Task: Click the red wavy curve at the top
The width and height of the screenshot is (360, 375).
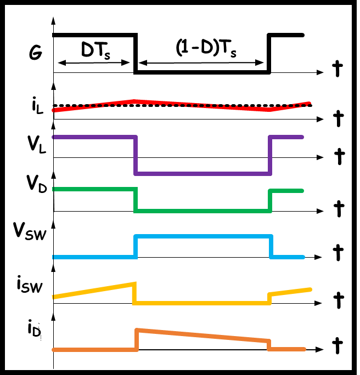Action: pos(181,104)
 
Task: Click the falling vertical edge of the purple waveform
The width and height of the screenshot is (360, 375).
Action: pos(135,155)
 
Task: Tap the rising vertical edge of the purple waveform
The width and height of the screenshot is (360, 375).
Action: pos(270,155)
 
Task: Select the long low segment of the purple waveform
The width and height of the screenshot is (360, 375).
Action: pos(203,174)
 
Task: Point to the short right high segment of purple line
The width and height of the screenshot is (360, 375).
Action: pos(286,137)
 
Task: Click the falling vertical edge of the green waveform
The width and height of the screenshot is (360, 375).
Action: pos(135,200)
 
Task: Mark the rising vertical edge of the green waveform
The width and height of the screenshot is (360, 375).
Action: pos(270,201)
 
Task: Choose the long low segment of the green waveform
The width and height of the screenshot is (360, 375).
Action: pos(203,211)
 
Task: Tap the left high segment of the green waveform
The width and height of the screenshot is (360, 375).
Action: pos(93,189)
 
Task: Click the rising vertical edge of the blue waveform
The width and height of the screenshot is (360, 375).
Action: pos(135,247)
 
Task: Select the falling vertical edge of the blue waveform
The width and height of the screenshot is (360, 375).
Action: pos(271,247)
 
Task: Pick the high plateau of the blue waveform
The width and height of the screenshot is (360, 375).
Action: pos(203,236)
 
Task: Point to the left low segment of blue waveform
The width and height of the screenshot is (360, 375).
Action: pos(93,257)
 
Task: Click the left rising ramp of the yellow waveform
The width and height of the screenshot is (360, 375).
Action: pos(93,291)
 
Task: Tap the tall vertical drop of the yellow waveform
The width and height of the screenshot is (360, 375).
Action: pos(134,293)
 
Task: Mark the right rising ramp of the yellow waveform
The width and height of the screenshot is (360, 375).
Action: pos(291,292)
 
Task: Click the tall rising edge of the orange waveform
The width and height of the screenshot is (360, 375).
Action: pos(137,339)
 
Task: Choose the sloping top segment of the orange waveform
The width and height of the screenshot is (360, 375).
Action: pos(203,335)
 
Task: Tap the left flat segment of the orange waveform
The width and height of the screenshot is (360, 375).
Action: pos(93,349)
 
